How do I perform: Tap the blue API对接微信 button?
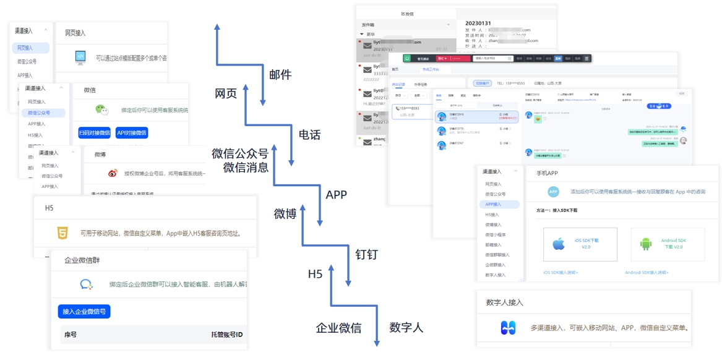coord(132,132)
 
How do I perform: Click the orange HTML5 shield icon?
coord(62,233)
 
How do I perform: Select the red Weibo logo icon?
coord(113,174)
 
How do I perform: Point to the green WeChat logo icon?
coord(101,109)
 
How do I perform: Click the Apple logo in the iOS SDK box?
coord(559,244)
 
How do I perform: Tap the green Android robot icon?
coord(646,244)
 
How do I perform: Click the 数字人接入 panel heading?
coord(504,302)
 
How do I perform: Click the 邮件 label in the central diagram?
coord(280,75)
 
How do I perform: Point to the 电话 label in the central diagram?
coord(309,134)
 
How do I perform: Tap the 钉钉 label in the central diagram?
coord(366,254)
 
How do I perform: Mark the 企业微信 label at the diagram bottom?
coord(338,328)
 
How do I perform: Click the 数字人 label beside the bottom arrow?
coord(406,327)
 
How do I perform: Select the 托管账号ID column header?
coord(227,335)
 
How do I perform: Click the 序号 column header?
coord(71,335)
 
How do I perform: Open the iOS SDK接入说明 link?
coord(561,272)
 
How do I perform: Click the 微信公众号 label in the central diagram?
coord(240,153)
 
